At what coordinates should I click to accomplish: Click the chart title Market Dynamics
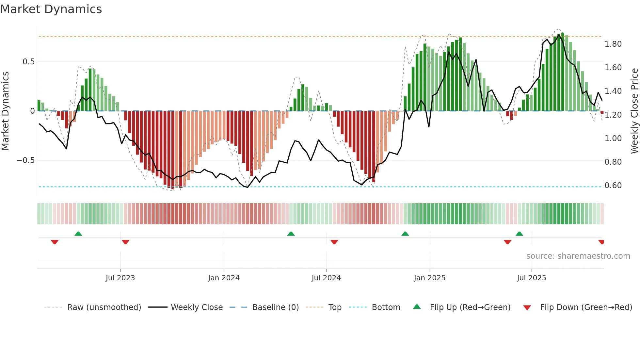pyautogui.click(x=51, y=9)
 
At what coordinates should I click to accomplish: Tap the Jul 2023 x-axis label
pyautogui.click(x=120, y=278)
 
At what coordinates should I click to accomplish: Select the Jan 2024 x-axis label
pyautogui.click(x=224, y=278)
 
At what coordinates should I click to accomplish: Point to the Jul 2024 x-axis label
pyautogui.click(x=326, y=278)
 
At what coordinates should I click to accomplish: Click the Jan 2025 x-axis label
pyautogui.click(x=429, y=278)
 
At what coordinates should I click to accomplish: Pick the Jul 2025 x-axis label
pyautogui.click(x=531, y=278)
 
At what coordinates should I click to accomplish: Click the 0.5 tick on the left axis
pyautogui.click(x=28, y=62)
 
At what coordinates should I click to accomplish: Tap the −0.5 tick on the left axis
pyautogui.click(x=25, y=160)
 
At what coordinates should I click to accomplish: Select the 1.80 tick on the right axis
pyautogui.click(x=613, y=44)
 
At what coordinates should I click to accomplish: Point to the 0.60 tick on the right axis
pyautogui.click(x=613, y=186)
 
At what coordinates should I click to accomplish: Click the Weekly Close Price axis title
pyautogui.click(x=634, y=111)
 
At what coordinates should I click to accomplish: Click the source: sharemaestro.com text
pyautogui.click(x=578, y=256)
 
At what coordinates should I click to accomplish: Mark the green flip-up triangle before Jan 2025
pyautogui.click(x=405, y=234)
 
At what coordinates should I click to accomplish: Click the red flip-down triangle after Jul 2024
pyautogui.click(x=334, y=242)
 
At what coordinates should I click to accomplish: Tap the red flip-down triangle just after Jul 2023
pyautogui.click(x=125, y=242)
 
